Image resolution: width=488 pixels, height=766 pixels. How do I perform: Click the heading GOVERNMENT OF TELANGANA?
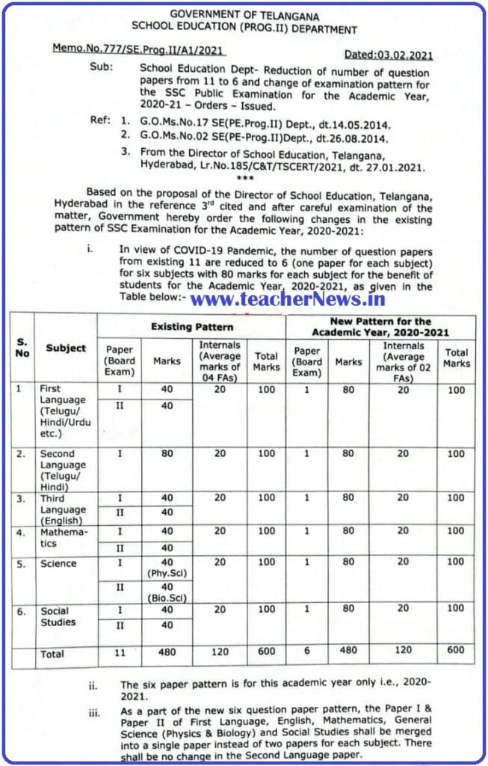(244, 14)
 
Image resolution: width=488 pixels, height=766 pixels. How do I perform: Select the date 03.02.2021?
(388, 55)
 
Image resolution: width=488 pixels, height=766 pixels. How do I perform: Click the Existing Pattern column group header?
(192, 327)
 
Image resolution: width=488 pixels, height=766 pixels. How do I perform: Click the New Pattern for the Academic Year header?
(381, 326)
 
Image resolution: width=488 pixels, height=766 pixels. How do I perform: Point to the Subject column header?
(66, 348)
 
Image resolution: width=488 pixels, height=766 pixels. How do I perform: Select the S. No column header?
(23, 347)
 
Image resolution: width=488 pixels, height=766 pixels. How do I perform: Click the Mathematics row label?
(64, 537)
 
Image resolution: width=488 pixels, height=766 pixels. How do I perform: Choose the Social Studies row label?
(58, 616)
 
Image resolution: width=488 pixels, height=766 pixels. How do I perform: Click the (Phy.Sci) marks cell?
(167, 568)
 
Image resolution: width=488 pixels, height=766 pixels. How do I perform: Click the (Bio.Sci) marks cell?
(167, 593)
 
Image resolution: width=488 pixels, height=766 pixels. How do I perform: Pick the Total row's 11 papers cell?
(120, 653)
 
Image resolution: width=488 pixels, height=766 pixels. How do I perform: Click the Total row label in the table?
(52, 654)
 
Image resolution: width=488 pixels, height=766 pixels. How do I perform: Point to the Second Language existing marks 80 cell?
(167, 453)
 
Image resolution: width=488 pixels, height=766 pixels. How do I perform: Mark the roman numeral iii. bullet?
(94, 713)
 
